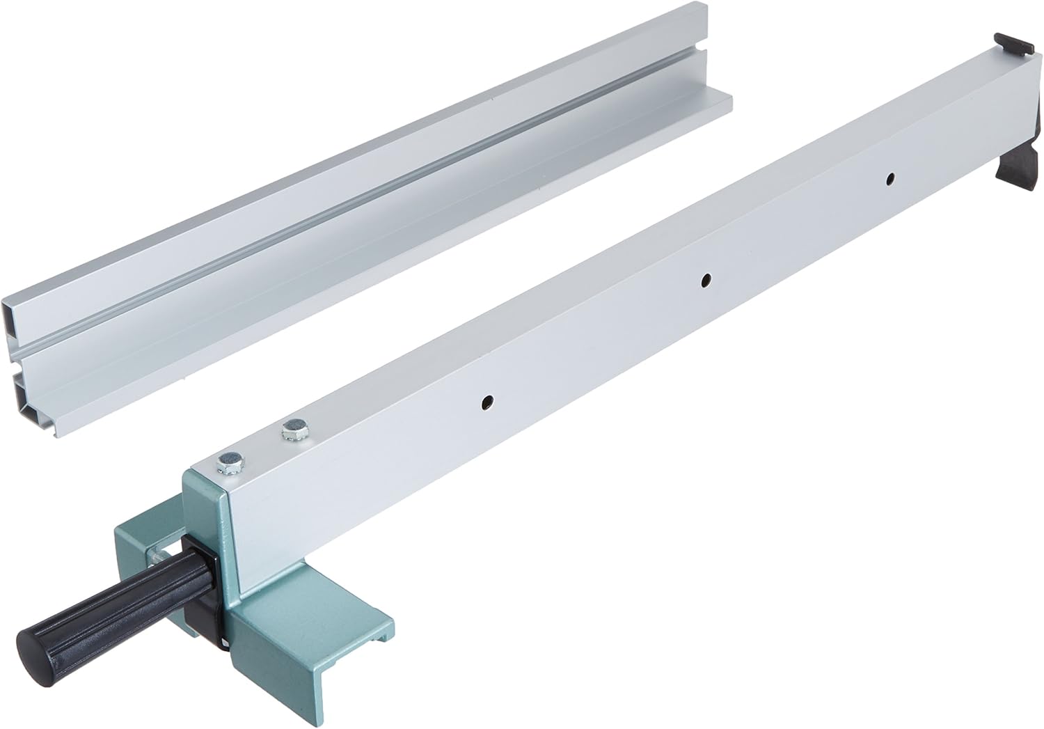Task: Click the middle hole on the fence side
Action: pos(706,280)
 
